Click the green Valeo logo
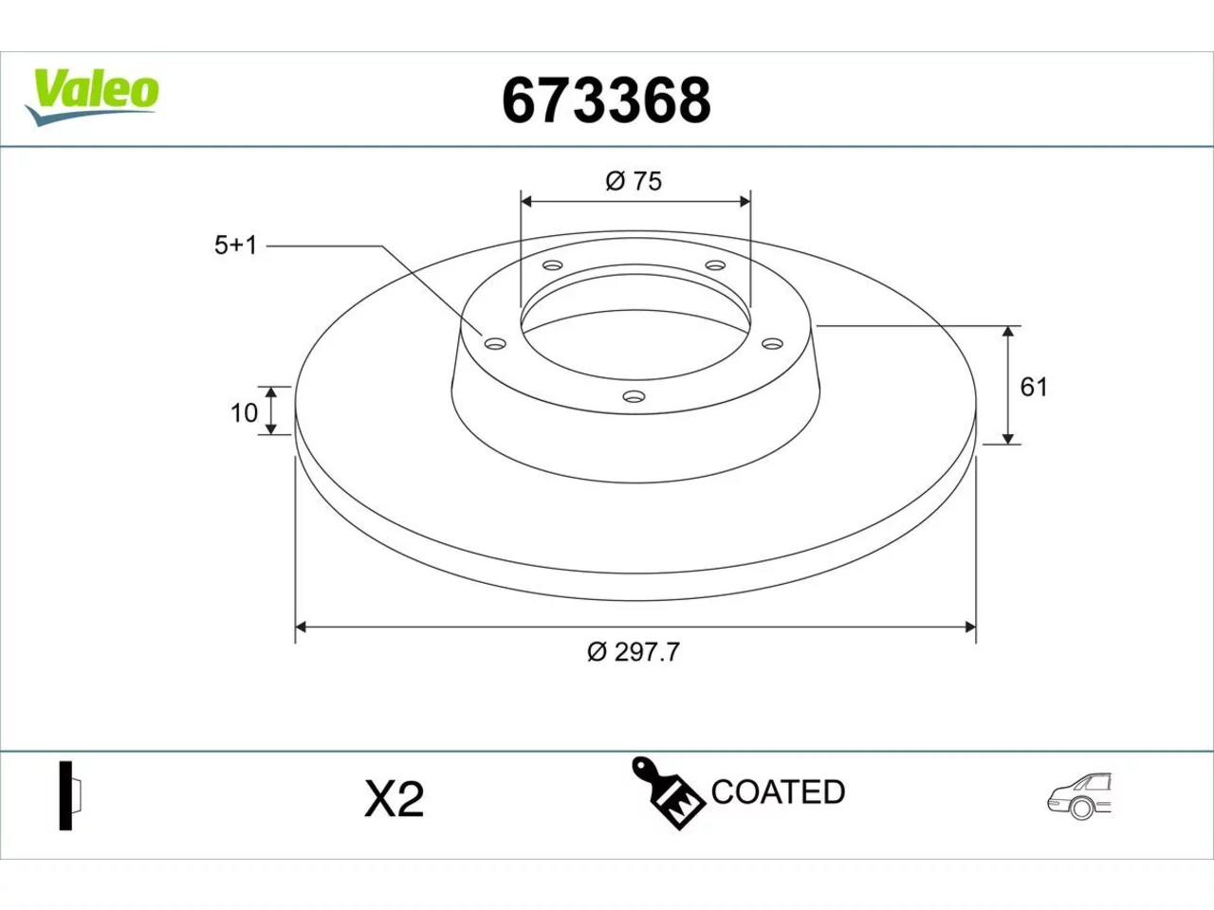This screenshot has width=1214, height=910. (x=92, y=98)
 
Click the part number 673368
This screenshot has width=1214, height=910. (x=606, y=101)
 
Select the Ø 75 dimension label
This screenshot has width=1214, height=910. (x=634, y=181)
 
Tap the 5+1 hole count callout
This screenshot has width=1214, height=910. (x=235, y=246)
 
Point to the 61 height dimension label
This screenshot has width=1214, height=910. (x=1034, y=388)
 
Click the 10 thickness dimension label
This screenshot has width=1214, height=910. (x=244, y=413)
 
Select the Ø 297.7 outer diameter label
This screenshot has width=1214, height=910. (x=634, y=652)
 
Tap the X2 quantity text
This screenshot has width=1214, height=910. (x=394, y=799)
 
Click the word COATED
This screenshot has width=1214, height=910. (x=778, y=792)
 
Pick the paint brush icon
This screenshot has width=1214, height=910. (x=668, y=793)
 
